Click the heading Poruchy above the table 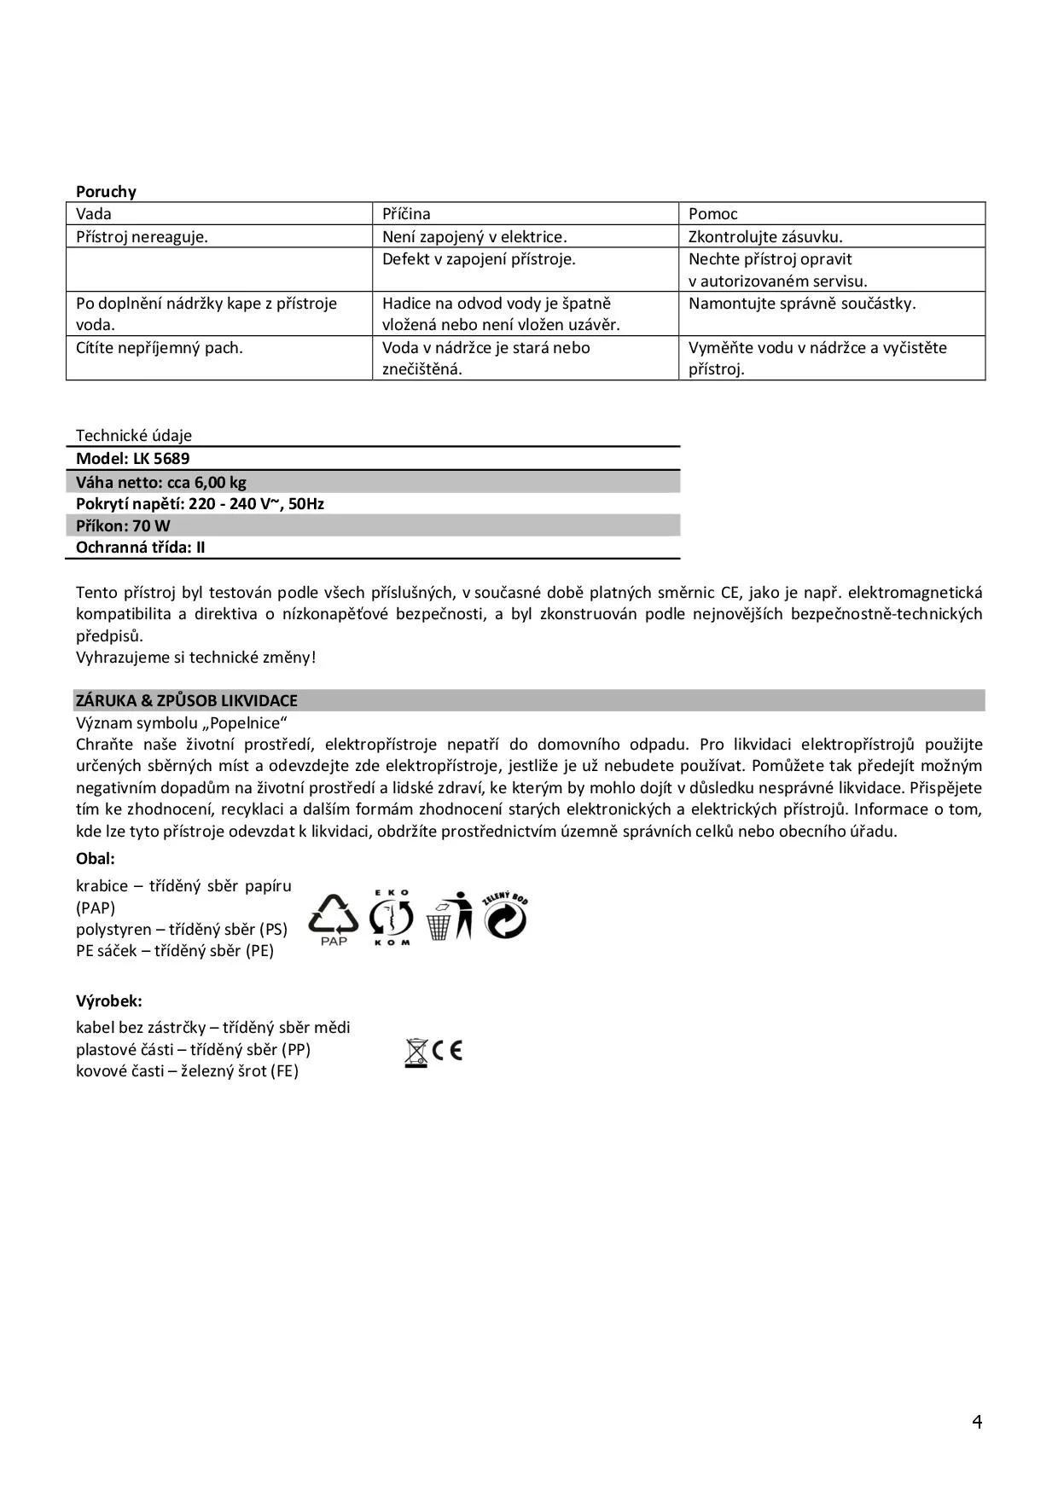106,191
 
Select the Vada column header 94,214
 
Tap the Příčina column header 406,214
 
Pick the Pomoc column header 712,214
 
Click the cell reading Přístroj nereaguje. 142,237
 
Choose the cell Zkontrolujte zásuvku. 765,237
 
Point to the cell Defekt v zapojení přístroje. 479,259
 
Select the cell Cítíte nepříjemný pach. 160,348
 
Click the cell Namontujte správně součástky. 802,304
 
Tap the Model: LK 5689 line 133,459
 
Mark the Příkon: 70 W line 123,525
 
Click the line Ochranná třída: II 141,548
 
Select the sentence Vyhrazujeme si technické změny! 195,658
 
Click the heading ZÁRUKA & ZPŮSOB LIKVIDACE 187,701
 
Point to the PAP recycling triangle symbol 334,919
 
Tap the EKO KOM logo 391,918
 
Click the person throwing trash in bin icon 450,916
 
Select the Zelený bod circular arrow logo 505,916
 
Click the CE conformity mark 447,1051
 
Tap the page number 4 977,1422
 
